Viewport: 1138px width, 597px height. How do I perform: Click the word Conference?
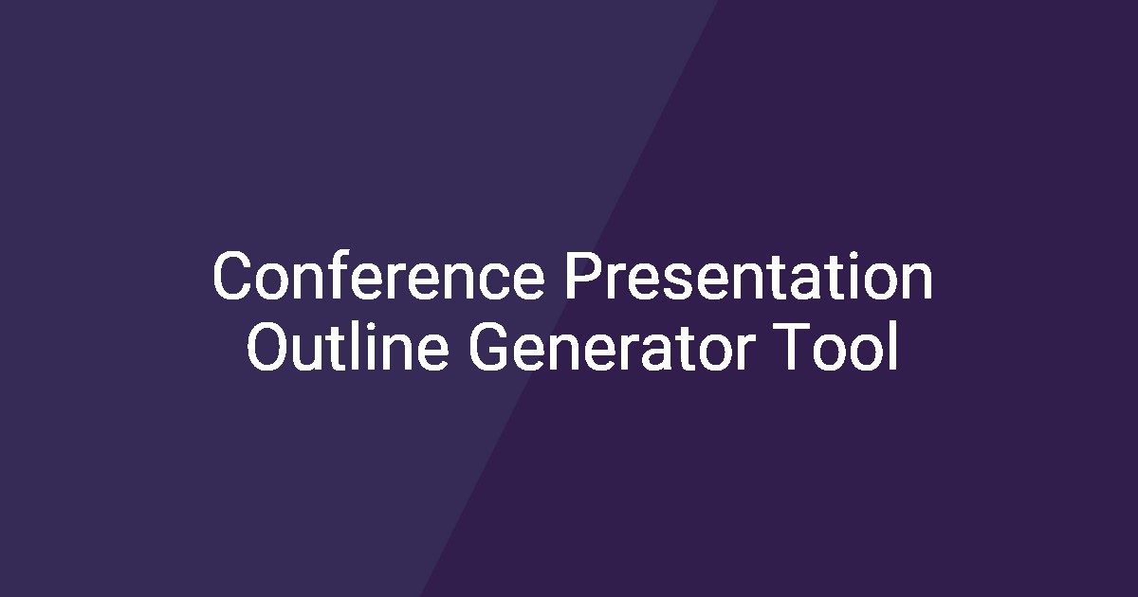[x=378, y=277]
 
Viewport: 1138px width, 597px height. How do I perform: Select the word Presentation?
[x=749, y=277]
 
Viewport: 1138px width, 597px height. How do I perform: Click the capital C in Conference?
[x=233, y=277]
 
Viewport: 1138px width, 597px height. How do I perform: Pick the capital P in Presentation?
[x=580, y=277]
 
